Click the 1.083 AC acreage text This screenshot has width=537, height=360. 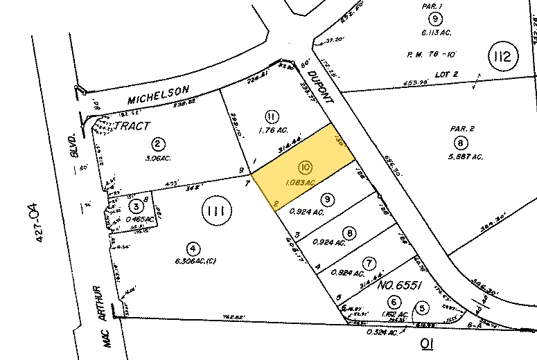click(299, 182)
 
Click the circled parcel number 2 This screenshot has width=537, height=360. click(159, 144)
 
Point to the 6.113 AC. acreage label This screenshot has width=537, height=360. click(435, 32)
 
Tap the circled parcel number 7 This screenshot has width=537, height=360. click(369, 263)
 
